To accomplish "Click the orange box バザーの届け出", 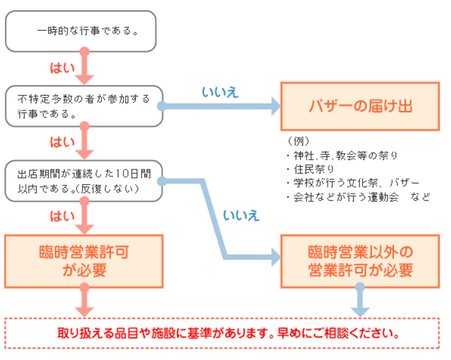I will (x=360, y=106).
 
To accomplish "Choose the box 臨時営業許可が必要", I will (x=84, y=261).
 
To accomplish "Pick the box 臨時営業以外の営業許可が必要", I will (x=360, y=261).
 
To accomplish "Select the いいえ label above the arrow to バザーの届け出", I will (x=219, y=92).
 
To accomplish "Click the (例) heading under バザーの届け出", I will (x=298, y=142).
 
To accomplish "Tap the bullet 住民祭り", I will (x=310, y=169).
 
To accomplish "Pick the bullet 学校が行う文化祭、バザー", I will (x=352, y=183).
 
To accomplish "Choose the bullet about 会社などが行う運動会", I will (x=357, y=197).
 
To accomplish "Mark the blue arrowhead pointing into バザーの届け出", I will (x=275, y=106).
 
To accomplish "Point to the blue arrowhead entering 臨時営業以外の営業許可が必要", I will (x=275, y=258).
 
